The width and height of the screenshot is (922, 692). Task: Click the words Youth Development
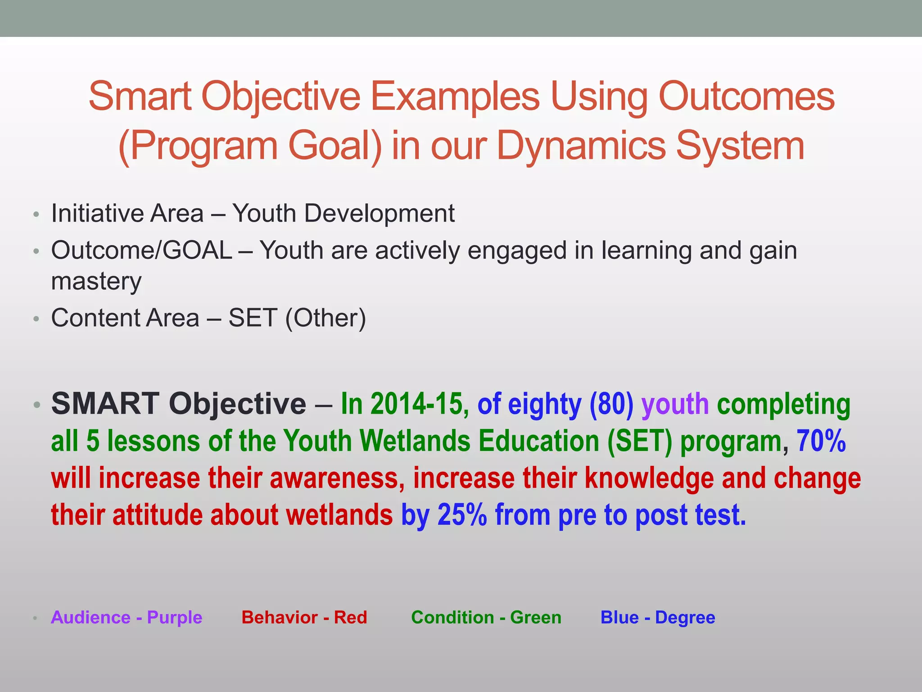(343, 213)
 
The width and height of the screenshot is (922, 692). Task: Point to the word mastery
(96, 282)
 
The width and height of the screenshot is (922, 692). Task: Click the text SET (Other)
(297, 318)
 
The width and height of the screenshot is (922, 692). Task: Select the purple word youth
(675, 404)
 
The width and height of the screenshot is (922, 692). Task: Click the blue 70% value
(821, 441)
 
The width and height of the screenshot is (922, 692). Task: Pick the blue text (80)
(611, 404)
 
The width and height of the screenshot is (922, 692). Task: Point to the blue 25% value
(462, 515)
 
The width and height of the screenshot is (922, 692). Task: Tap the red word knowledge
(649, 478)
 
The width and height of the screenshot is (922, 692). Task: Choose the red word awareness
(334, 478)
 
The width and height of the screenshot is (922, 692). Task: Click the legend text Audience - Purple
(127, 617)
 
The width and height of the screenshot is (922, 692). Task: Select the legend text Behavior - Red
(304, 617)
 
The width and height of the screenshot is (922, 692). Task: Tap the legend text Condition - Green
(486, 617)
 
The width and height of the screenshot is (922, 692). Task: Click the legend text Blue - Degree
(658, 617)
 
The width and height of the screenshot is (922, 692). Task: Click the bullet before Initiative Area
(36, 214)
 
